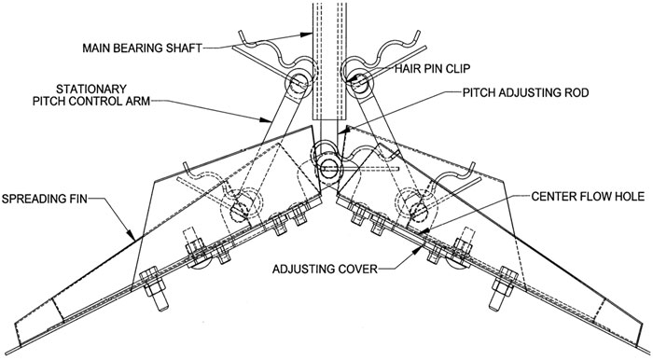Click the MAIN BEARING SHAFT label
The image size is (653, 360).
click(142, 48)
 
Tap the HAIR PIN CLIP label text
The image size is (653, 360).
click(432, 68)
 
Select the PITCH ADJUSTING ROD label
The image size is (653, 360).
click(525, 92)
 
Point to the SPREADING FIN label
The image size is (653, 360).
click(45, 199)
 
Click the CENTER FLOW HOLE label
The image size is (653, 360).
click(588, 196)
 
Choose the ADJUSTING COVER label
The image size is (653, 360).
click(325, 269)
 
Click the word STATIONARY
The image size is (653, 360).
click(91, 89)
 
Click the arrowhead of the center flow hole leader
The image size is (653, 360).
click(422, 230)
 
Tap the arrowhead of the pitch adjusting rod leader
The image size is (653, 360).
click(341, 131)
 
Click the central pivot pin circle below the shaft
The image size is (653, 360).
click(329, 168)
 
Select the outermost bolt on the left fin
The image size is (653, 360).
click(155, 288)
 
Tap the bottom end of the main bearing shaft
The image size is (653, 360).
click(330, 120)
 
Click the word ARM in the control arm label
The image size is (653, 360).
click(138, 101)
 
